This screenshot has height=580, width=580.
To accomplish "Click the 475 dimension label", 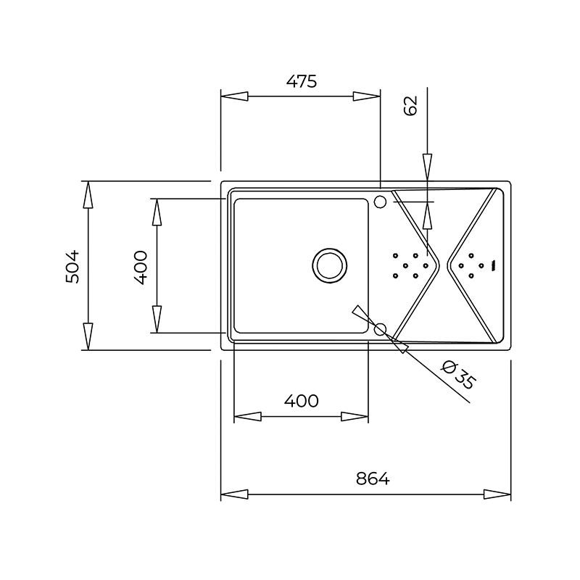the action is [x=302, y=81].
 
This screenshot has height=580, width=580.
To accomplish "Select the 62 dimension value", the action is [x=410, y=106].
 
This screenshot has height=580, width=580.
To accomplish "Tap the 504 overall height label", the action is [x=72, y=267].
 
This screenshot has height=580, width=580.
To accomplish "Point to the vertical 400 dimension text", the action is [x=141, y=268].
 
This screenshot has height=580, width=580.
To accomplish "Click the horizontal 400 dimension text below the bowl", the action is [x=301, y=401].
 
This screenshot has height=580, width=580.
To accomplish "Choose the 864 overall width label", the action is [x=373, y=479].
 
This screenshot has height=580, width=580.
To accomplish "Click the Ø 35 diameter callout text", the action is [x=459, y=375].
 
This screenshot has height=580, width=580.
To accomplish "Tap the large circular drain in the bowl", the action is [x=330, y=265].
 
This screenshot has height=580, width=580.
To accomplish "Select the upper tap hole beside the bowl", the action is [x=380, y=202].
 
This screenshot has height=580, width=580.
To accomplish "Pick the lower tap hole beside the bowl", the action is [x=380, y=329].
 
